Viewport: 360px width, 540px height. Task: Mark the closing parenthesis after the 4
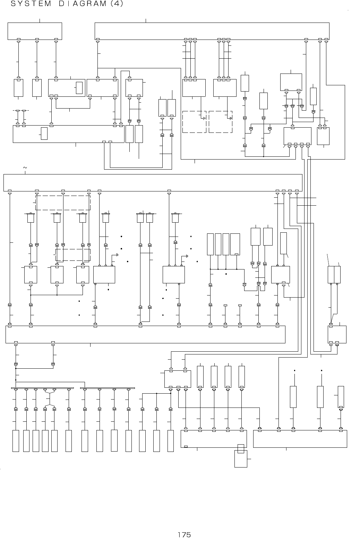[x=121, y=5]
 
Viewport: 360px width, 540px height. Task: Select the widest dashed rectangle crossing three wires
[x=63, y=203]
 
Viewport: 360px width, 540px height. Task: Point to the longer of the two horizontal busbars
[x=43, y=388]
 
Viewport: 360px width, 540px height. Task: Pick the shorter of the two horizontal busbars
[x=108, y=388]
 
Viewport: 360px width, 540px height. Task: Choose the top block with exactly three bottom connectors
[x=35, y=31]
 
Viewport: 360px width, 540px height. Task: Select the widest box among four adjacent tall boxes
[x=235, y=245]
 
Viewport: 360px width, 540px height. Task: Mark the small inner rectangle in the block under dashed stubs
[x=44, y=134]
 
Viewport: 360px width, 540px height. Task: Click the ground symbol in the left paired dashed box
[x=204, y=118]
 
